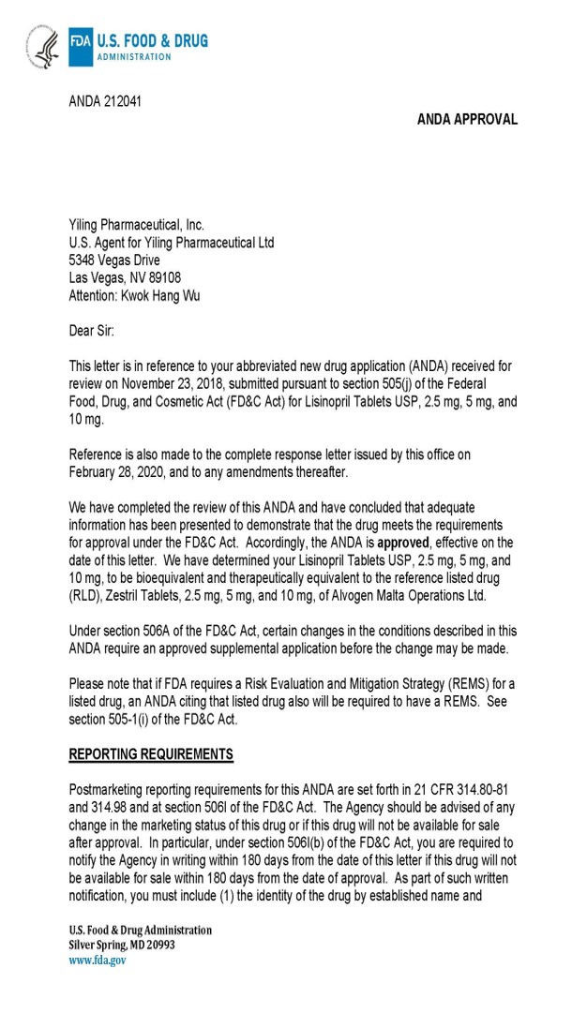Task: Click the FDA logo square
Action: point(81,46)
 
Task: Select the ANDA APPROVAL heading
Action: point(467,119)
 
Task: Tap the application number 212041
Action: point(123,100)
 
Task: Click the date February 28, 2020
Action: point(120,470)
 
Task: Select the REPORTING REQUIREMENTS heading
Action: point(151,754)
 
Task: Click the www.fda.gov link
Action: point(98,960)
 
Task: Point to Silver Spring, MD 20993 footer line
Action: point(122,945)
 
